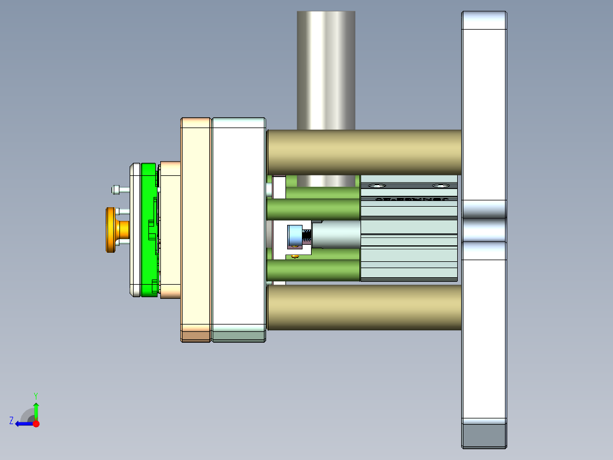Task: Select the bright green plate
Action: pyautogui.click(x=148, y=228)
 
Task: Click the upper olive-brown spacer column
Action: pyautogui.click(x=364, y=152)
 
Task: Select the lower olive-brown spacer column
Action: pyautogui.click(x=364, y=307)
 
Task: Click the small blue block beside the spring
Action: pyautogui.click(x=295, y=236)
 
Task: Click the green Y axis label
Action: pyautogui.click(x=35, y=395)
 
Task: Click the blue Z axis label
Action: pyautogui.click(x=11, y=421)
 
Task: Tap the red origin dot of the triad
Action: pyautogui.click(x=36, y=424)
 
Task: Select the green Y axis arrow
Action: pyautogui.click(x=36, y=410)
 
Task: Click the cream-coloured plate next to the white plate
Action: pyautogui.click(x=196, y=228)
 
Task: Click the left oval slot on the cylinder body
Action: pyautogui.click(x=376, y=186)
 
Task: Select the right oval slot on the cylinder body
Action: pyautogui.click(x=440, y=186)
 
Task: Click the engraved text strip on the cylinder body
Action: pyautogui.click(x=409, y=199)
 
